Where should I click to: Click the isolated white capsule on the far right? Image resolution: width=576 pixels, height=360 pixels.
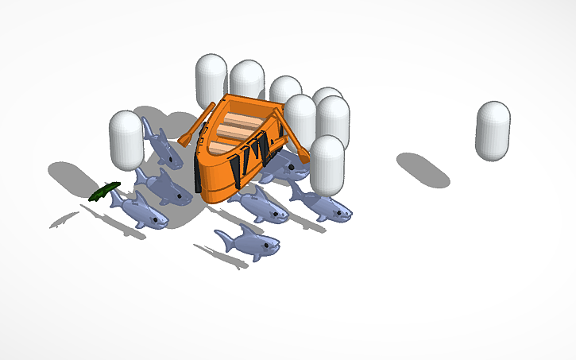pos(493,131)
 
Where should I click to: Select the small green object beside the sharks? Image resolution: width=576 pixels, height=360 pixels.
pos(104,191)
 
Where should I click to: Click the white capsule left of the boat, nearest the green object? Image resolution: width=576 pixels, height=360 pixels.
pos(125,140)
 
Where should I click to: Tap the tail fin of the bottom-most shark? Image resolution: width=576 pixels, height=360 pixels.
pos(222,236)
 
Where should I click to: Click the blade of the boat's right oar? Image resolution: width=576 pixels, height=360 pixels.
pos(304,158)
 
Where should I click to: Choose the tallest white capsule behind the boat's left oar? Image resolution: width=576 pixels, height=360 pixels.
pos(211,79)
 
